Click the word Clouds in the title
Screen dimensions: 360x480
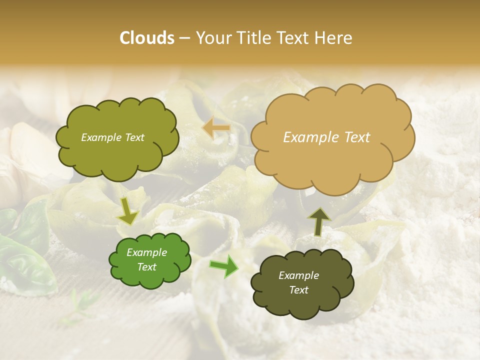click(x=147, y=38)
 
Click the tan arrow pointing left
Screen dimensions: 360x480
click(x=216, y=128)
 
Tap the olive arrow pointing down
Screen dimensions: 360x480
click(x=128, y=210)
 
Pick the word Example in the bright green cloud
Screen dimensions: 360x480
click(x=147, y=252)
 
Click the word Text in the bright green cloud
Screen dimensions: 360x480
click(x=147, y=267)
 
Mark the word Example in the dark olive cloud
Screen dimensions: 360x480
click(x=299, y=275)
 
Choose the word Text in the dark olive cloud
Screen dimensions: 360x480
click(x=299, y=290)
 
